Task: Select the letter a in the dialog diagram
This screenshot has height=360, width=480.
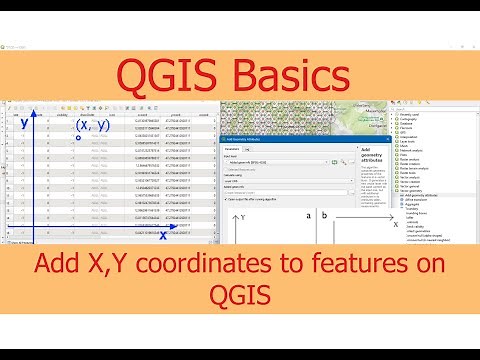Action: click(x=309, y=215)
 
